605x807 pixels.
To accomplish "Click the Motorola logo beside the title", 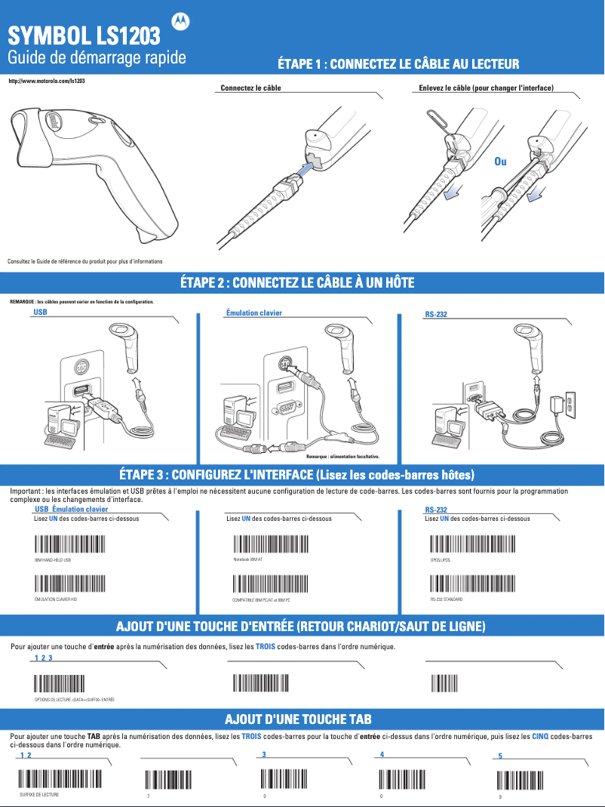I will [182, 23].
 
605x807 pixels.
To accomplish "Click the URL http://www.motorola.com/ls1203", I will [45, 80].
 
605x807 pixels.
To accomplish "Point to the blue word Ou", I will [500, 162].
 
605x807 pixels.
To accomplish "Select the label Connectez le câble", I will [251, 88].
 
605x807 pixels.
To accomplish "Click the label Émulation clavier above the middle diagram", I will [254, 313].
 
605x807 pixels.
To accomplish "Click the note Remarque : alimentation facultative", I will [342, 457].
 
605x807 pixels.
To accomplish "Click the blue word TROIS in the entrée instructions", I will [265, 647].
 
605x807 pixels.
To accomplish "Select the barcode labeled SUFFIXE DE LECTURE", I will [60, 779].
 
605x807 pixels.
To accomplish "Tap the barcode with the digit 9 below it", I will [520, 779].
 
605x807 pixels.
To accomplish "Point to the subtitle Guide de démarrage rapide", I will [97, 58].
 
